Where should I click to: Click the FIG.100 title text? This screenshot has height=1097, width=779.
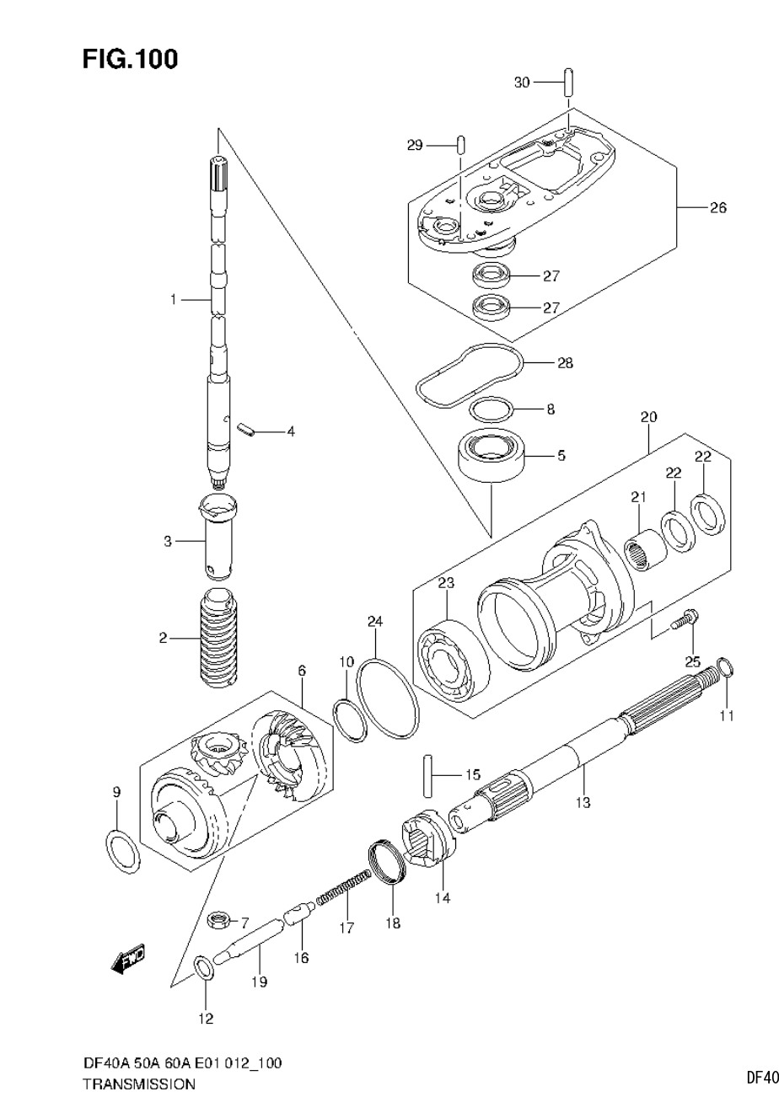click(130, 60)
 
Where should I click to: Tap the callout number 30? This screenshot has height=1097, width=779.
click(522, 82)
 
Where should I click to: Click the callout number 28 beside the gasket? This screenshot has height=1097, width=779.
click(564, 363)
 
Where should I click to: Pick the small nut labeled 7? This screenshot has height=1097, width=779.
click(219, 919)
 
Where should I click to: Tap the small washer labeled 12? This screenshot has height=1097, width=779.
click(204, 967)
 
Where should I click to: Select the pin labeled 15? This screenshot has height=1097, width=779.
click(427, 773)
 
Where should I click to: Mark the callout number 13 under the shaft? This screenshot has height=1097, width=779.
click(583, 803)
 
